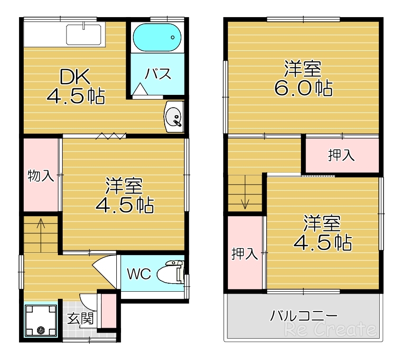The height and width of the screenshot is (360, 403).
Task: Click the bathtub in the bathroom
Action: tap(157, 38)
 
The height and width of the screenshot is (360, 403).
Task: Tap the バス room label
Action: tap(158, 75)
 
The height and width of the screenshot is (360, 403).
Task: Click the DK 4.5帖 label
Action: tap(75, 87)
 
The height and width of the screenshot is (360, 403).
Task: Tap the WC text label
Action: tap(139, 274)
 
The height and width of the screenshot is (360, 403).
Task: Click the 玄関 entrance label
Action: tap(80, 318)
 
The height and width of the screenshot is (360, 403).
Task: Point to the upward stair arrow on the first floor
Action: tap(41, 227)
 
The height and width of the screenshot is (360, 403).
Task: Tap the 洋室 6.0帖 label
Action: tap(302, 79)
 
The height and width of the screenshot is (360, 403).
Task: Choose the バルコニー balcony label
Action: tap(304, 315)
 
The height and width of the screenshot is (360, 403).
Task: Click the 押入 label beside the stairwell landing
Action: tap(341, 155)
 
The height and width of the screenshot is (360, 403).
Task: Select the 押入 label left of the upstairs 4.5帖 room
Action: tap(244, 254)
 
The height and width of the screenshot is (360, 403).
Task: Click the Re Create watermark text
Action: tap(331, 329)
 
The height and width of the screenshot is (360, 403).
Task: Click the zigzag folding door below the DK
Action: tap(110, 137)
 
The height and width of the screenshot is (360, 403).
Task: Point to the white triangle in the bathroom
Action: tap(141, 89)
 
